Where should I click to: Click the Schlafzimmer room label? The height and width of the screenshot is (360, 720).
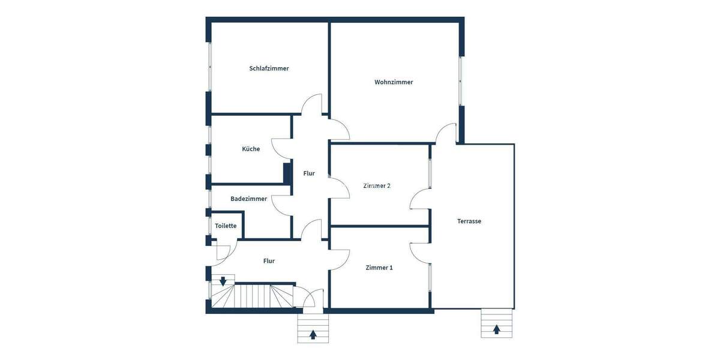coord(269,68)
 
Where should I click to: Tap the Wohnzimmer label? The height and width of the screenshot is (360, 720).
coord(394,82)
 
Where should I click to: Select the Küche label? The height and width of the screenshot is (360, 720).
coord(251,149)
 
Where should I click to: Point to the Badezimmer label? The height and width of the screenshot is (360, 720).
coord(248,199)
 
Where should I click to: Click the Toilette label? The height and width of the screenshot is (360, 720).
coord(226,226)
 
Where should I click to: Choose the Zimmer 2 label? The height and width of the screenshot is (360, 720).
coord(377,186)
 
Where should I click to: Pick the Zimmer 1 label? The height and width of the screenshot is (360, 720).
coord(379,268)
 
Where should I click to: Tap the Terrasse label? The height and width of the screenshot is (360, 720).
coord(469,221)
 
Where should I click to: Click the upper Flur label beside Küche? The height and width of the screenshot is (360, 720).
coord(309,173)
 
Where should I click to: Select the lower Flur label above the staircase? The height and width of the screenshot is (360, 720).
coord(269,261)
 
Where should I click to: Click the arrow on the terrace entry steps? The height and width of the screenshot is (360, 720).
coord(497,329)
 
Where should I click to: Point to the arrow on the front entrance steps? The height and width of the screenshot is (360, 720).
coord(313,335)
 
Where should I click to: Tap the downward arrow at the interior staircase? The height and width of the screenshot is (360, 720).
coord(223,281)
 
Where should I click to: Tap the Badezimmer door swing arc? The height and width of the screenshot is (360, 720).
coord(280,205)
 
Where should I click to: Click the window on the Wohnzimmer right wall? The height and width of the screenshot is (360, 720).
coord(461,82)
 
